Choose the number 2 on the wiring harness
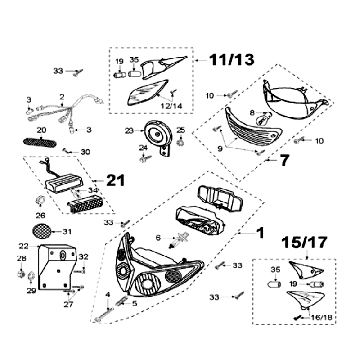(62, 98)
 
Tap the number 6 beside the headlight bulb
(156, 236)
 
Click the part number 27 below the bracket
(67, 305)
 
